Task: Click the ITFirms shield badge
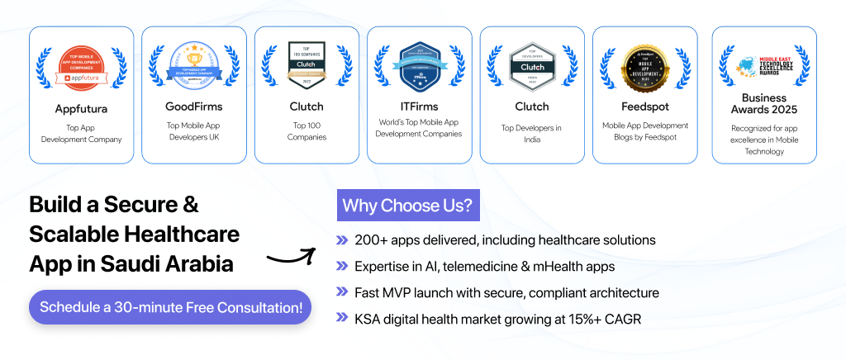[419, 63]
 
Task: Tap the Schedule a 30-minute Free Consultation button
[170, 307]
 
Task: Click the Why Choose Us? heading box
[408, 205]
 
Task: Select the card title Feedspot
[644, 107]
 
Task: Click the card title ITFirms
[419, 106]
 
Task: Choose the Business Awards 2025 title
[764, 104]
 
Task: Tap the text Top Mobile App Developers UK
[194, 131]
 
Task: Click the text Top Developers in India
[532, 134]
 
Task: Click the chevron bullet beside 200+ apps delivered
[342, 240]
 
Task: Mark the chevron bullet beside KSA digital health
[342, 319]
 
